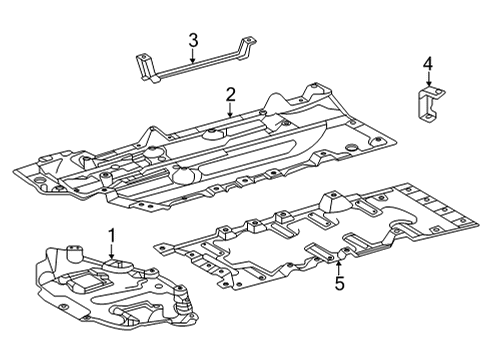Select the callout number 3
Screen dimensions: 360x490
click(x=193, y=40)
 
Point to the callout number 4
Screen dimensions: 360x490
click(x=427, y=66)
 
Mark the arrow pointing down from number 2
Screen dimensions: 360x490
click(x=230, y=109)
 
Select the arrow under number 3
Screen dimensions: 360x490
click(x=193, y=56)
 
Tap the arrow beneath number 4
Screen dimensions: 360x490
click(x=427, y=83)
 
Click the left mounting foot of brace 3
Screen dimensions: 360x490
click(x=146, y=68)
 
